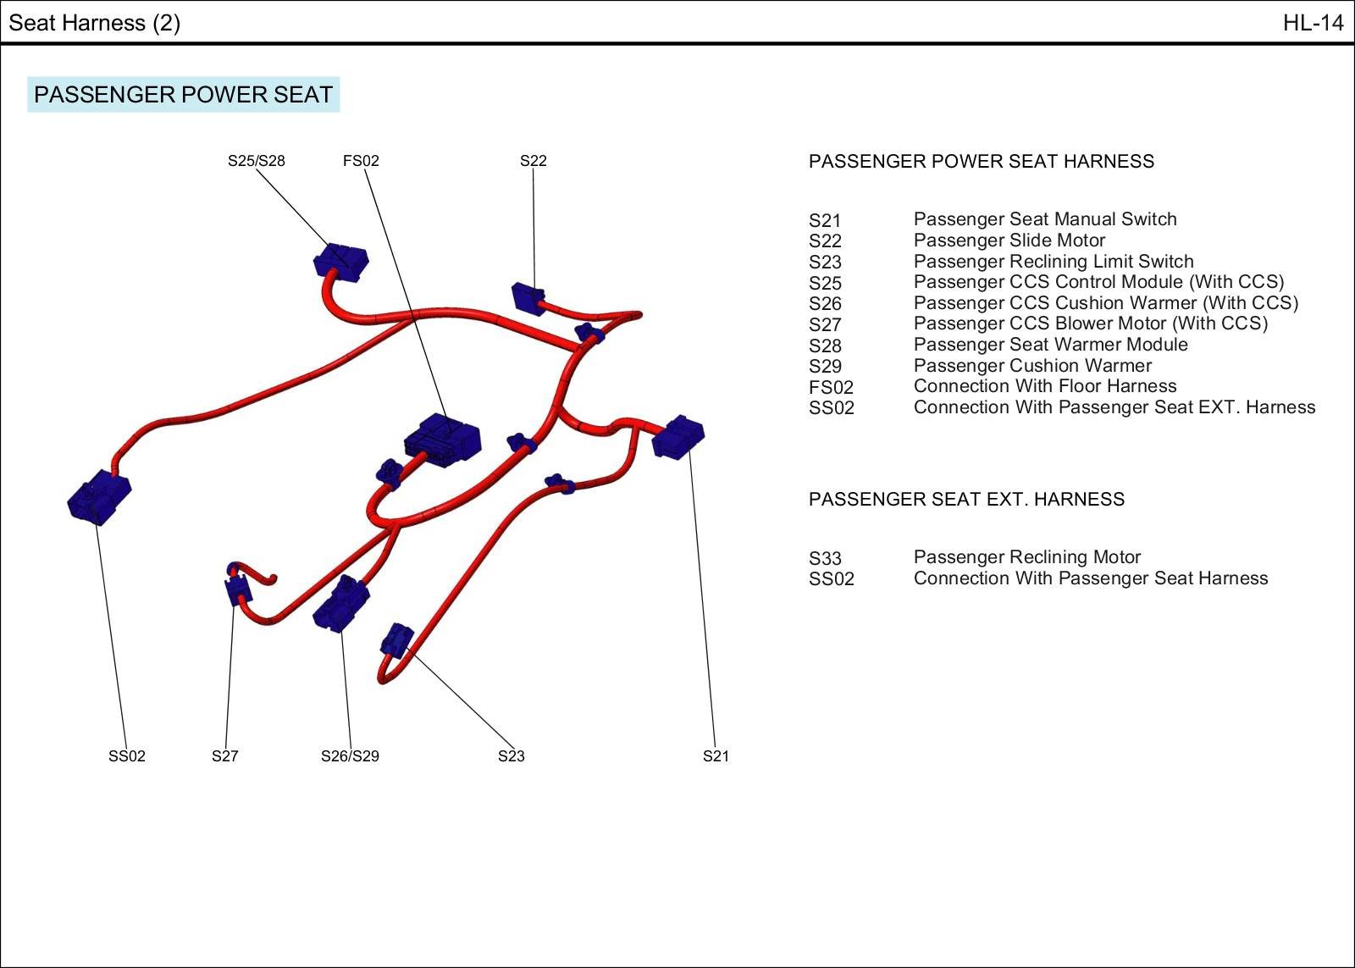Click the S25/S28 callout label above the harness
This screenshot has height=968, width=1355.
[x=256, y=161]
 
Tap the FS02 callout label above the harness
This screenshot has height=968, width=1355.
[x=361, y=161]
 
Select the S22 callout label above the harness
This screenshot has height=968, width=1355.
[x=533, y=161]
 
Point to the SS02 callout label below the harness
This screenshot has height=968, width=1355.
[x=126, y=756]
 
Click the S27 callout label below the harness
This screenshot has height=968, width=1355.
[x=224, y=756]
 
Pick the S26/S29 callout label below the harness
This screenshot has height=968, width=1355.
[x=350, y=756]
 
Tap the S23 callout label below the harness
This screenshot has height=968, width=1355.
[x=511, y=756]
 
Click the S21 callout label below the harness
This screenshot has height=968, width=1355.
[x=716, y=756]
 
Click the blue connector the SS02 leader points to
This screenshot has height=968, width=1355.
[x=98, y=497]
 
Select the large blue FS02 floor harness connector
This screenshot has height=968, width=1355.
[x=442, y=439]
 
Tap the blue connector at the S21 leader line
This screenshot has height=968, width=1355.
[x=678, y=437]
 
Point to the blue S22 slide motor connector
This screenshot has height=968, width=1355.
[x=528, y=299]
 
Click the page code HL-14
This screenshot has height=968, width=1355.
[x=1313, y=23]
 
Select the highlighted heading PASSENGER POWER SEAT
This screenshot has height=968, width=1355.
[x=183, y=94]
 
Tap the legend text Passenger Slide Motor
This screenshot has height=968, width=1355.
[x=1009, y=241]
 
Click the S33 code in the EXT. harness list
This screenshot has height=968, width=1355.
[x=825, y=558]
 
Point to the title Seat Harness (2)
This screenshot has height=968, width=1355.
[x=94, y=23]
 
